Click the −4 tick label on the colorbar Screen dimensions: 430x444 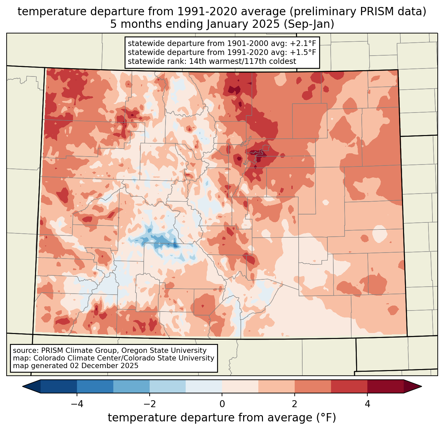77,404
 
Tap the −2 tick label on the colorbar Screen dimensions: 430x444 149,404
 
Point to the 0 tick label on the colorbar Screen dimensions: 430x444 222,404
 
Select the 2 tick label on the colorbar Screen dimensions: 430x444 295,404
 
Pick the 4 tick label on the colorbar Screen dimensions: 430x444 367,404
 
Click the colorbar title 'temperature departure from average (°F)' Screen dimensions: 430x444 222,418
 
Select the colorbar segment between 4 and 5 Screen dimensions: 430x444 385,386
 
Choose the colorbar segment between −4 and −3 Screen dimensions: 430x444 95,386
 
